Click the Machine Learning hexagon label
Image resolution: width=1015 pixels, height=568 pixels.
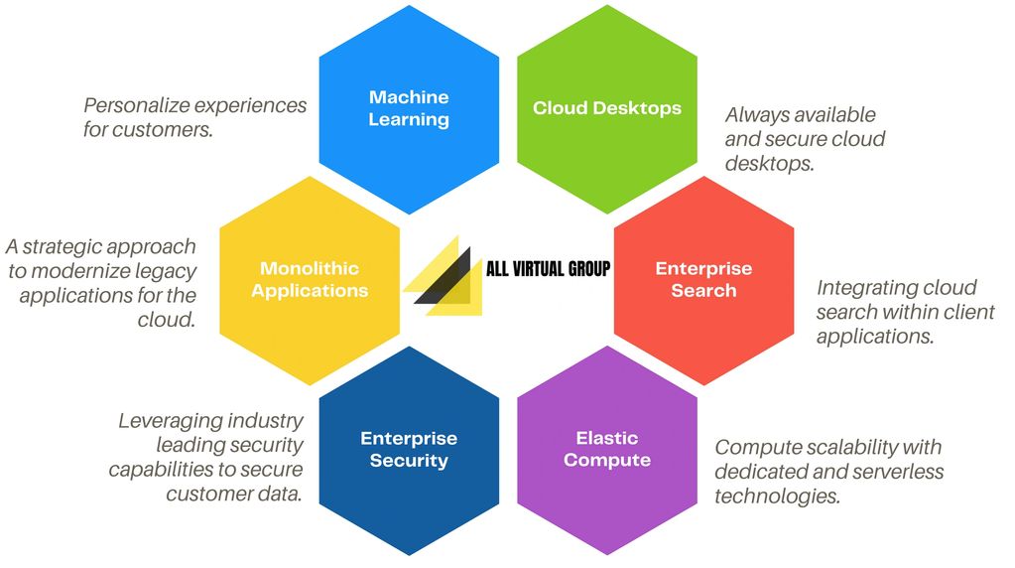[x=409, y=108]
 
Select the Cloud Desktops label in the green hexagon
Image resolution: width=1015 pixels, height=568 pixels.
[x=607, y=108]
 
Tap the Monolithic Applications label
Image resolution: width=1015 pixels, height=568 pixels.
[x=310, y=279]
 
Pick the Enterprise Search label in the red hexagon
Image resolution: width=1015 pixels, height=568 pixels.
[x=703, y=279]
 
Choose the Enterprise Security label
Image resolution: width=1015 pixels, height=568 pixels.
[x=409, y=449]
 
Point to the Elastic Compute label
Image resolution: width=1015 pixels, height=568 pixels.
[x=607, y=449]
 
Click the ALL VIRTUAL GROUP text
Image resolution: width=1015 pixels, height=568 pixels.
[x=548, y=269]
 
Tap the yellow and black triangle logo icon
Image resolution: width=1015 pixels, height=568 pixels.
[x=444, y=277]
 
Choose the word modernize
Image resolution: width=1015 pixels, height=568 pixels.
[x=84, y=271]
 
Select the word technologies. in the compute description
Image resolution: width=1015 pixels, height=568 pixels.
[x=777, y=496]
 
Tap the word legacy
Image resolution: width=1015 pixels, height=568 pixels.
[x=169, y=271]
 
